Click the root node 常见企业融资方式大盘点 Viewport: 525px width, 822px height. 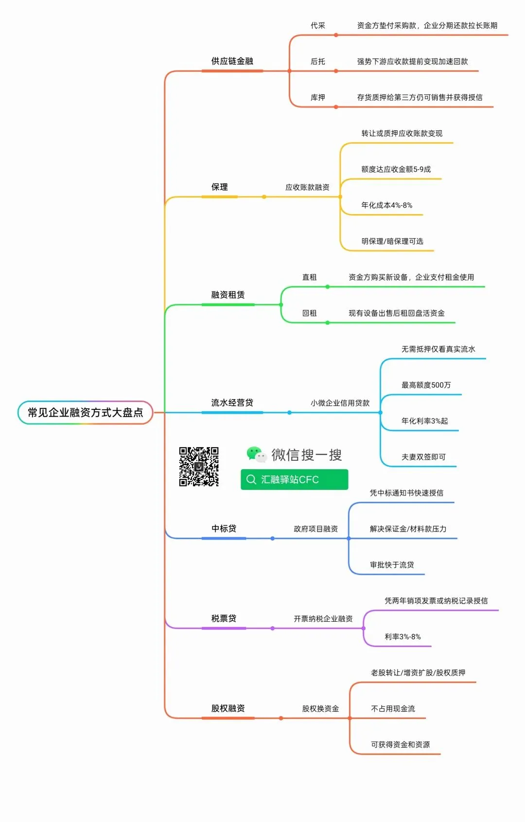tap(85, 412)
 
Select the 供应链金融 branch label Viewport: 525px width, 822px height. tap(232, 61)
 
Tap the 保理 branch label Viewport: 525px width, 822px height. tap(219, 187)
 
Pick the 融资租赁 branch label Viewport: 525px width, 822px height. tap(227, 295)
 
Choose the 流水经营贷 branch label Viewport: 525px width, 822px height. tap(232, 402)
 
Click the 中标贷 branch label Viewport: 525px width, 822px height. tap(224, 528)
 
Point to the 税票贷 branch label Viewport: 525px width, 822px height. tap(224, 618)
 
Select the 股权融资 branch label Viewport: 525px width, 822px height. tap(227, 708)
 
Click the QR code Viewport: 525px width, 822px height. tap(198, 467)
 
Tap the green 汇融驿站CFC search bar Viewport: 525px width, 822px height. tap(294, 479)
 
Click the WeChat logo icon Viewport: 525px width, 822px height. tap(256, 455)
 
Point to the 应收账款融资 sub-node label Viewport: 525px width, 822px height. tap(307, 187)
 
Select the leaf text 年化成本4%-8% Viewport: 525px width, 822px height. tap(386, 205)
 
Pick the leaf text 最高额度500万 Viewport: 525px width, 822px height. tap(426, 385)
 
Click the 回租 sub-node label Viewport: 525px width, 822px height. tap(309, 313)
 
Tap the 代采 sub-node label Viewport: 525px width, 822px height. tap(318, 25)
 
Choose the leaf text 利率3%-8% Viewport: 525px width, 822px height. tap(402, 637)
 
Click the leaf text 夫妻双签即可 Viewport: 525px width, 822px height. tap(423, 457)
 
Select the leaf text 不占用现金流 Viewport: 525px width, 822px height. tap(393, 709)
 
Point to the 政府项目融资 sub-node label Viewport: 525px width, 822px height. tap(315, 529)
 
